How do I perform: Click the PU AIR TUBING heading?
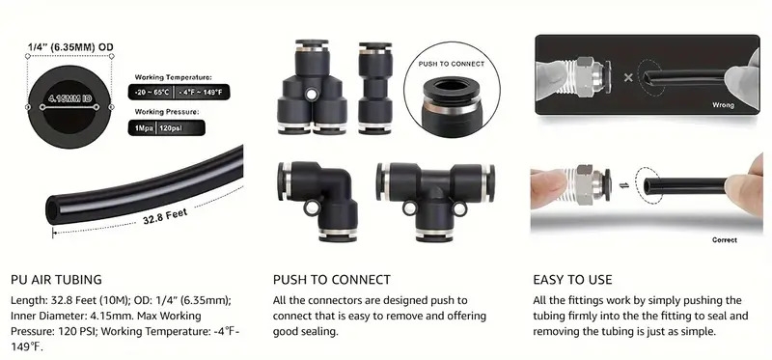click(x=56, y=280)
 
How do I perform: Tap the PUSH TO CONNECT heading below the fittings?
click(x=332, y=280)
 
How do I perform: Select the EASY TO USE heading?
click(x=572, y=280)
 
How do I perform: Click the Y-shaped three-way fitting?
click(x=312, y=87)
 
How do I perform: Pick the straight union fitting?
click(x=375, y=88)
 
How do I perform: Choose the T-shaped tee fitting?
click(x=435, y=201)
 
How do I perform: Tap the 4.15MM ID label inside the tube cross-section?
click(x=69, y=99)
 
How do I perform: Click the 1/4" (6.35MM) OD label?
click(x=70, y=47)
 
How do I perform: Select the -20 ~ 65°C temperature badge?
click(x=152, y=92)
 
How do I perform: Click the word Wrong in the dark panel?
click(x=723, y=105)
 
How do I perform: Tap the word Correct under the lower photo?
click(x=725, y=240)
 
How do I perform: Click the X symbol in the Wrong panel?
click(x=628, y=77)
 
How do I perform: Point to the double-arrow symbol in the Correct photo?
click(x=623, y=185)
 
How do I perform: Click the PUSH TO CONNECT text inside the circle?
click(x=452, y=64)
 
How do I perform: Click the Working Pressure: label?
click(x=166, y=112)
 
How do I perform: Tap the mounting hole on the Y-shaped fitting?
click(x=311, y=94)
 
